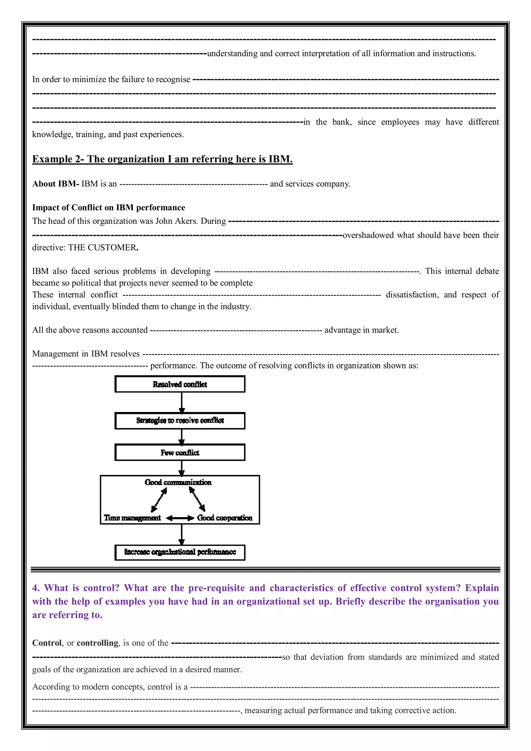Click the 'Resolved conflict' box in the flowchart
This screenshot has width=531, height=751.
[180, 384]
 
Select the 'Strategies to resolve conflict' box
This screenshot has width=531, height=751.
[180, 420]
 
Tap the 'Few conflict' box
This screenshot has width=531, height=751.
[180, 452]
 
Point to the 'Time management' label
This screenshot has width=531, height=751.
[132, 518]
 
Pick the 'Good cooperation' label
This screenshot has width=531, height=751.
[225, 518]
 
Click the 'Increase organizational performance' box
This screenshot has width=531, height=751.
[180, 552]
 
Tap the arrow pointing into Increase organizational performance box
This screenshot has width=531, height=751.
[182, 534]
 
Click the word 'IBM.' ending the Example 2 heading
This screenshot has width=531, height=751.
[280, 159]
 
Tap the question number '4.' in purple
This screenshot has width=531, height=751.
[36, 588]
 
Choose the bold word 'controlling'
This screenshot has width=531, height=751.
[97, 643]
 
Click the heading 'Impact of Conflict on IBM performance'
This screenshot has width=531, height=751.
[108, 207]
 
